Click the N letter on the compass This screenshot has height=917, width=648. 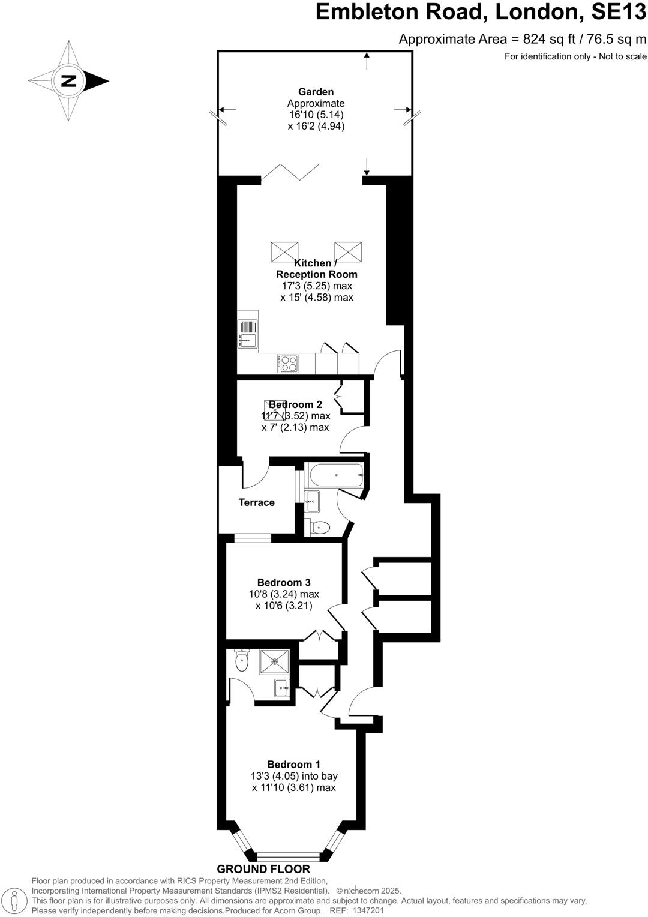[x=68, y=80]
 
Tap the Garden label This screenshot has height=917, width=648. [x=316, y=92]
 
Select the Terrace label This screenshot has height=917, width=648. [x=257, y=502]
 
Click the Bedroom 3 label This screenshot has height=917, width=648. [x=284, y=582]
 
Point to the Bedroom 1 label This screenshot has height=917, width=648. [x=293, y=764]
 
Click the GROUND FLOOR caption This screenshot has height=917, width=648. [x=263, y=869]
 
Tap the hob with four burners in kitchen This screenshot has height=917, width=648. [x=287, y=364]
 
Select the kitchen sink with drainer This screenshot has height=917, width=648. [x=248, y=334]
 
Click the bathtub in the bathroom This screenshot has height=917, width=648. [x=335, y=475]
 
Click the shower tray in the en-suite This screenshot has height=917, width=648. [x=274, y=661]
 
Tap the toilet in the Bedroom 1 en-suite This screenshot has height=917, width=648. [x=241, y=661]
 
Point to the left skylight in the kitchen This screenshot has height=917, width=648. [x=284, y=251]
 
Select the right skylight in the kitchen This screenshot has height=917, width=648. [x=348, y=251]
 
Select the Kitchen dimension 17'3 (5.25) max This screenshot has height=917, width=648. [x=317, y=286]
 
